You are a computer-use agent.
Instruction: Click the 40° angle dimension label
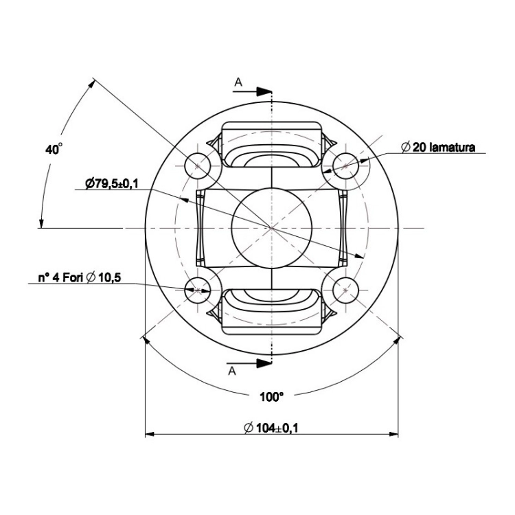pos(54,149)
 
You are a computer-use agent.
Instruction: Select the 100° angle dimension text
pos(271,397)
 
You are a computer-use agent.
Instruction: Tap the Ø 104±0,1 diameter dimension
pos(271,428)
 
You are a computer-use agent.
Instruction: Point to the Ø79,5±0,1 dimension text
pos(112,183)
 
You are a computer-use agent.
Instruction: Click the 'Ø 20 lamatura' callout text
pos(438,147)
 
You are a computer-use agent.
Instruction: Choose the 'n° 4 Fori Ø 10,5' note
pos(80,277)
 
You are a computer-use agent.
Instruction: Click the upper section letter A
pos(238,82)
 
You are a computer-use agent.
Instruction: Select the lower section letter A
pos(232,371)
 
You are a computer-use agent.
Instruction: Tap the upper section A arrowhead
pos(264,91)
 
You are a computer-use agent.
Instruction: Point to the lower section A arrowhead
pos(264,363)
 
